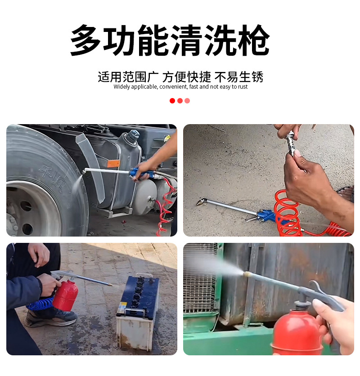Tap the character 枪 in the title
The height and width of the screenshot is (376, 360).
point(253,41)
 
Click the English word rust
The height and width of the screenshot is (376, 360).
point(243,87)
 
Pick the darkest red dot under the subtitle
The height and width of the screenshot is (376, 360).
point(172,101)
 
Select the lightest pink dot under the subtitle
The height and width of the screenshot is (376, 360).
point(187,101)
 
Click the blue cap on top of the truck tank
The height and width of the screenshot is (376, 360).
point(133,134)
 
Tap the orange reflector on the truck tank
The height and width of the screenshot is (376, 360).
point(113,163)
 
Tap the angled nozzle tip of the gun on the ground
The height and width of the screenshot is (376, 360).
point(200,202)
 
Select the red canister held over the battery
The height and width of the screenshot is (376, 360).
point(66,295)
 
